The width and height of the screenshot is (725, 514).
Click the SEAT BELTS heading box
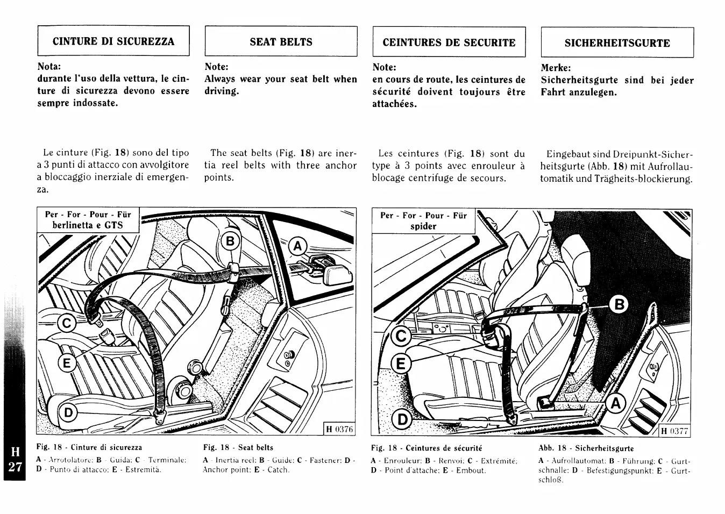click(x=281, y=41)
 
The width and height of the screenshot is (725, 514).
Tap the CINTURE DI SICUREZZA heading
click(x=113, y=41)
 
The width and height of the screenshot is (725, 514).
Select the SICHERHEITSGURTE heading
click(x=617, y=43)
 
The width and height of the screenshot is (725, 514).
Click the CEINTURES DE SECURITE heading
click(x=449, y=42)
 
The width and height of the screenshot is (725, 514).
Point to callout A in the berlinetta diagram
click(x=297, y=246)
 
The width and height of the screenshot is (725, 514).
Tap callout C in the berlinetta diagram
click(x=67, y=324)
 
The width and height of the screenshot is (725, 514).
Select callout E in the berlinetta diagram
click(x=67, y=363)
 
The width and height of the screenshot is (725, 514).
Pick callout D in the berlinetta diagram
click(x=68, y=413)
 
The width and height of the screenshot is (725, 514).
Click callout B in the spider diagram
click(x=620, y=305)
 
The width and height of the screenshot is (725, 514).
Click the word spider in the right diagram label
click(x=423, y=226)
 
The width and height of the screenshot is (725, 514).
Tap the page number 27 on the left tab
click(x=15, y=466)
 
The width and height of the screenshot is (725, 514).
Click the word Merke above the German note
click(x=555, y=68)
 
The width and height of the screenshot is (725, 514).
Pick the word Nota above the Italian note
click(x=49, y=67)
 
